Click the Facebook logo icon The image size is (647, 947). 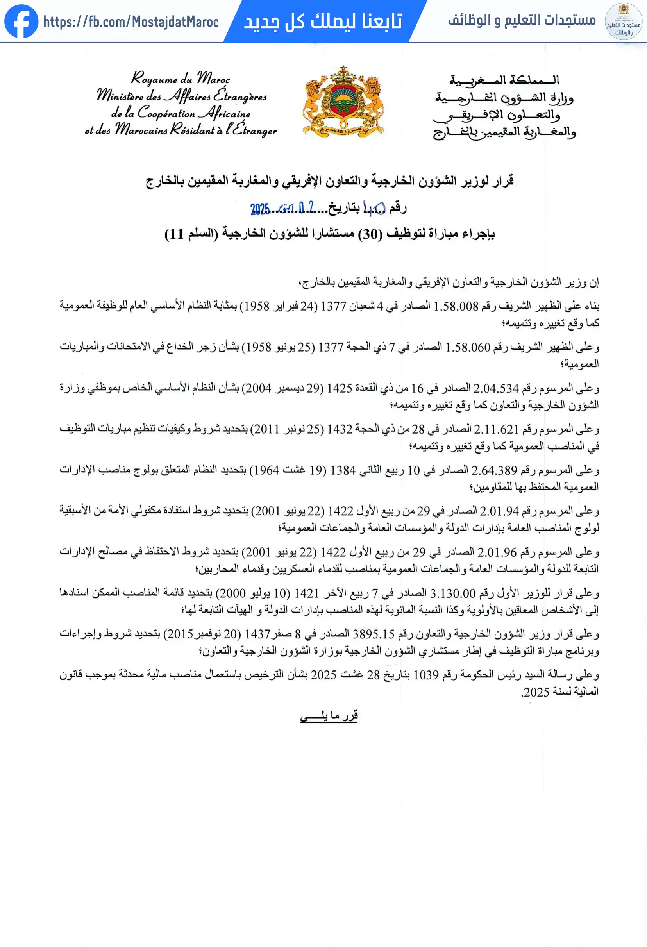[x=21, y=21]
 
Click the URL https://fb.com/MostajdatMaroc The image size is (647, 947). [x=131, y=21]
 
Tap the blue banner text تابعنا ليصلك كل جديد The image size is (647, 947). [x=323, y=21]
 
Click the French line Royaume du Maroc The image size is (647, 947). [x=180, y=78]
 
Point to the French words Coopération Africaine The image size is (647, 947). [x=193, y=113]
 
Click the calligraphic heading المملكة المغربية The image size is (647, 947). [x=504, y=80]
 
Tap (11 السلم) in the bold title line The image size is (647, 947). [x=191, y=234]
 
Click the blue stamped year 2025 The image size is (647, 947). [x=260, y=209]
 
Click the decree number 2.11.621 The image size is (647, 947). [x=496, y=429]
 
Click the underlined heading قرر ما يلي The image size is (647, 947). [x=329, y=716]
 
